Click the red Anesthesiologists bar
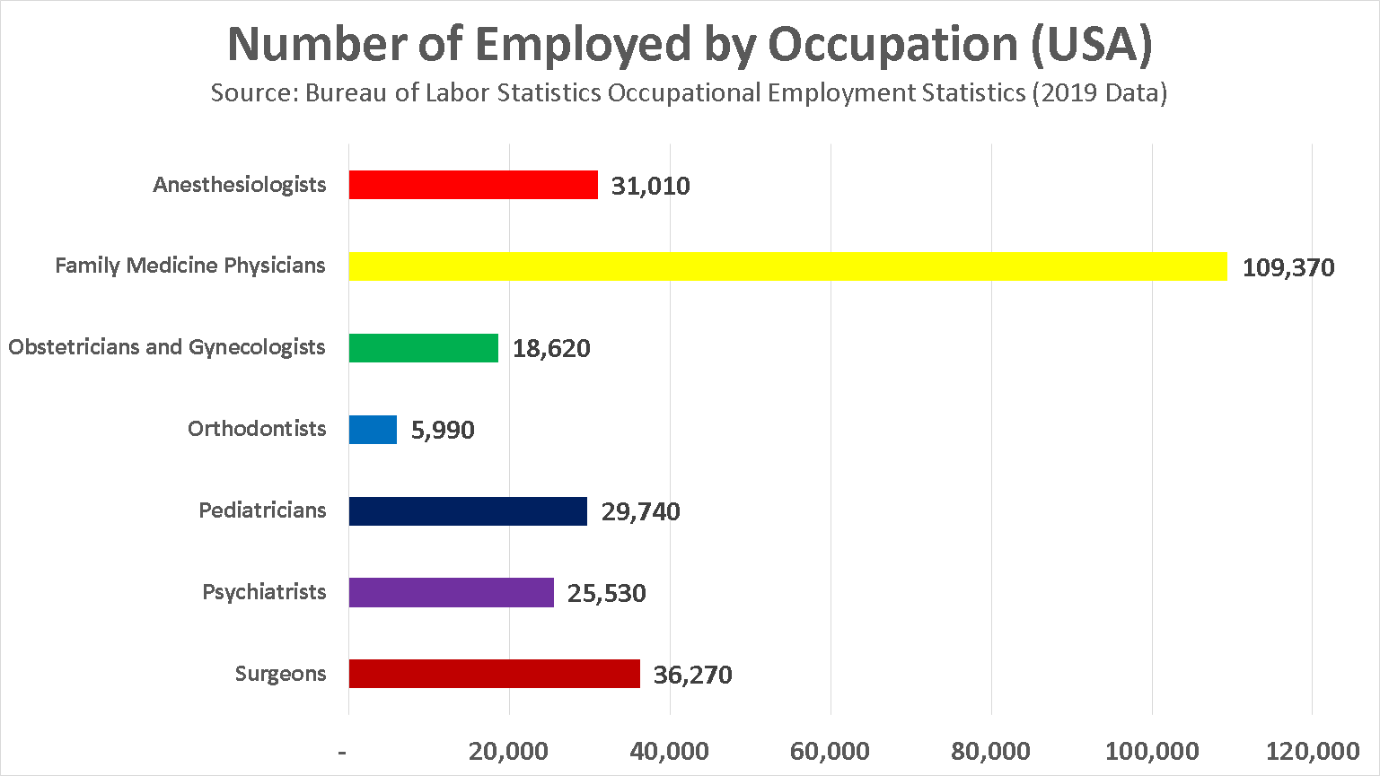[x=473, y=185]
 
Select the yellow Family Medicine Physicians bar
[x=787, y=266]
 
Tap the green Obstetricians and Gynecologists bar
[x=423, y=348]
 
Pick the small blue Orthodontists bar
[x=373, y=430]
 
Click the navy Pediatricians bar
[x=468, y=511]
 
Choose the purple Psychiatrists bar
[x=451, y=593]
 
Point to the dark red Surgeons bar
[x=494, y=674]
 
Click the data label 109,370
[x=1288, y=267]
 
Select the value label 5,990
[x=442, y=431]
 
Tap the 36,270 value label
[x=692, y=675]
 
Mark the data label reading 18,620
[x=551, y=349]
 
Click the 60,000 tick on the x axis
[x=830, y=751]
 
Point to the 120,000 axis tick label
[x=1312, y=751]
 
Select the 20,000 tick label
[x=508, y=751]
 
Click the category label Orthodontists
[x=257, y=429]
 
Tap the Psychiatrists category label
[x=264, y=592]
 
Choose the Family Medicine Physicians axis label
[x=190, y=266]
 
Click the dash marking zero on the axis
[x=342, y=751]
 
